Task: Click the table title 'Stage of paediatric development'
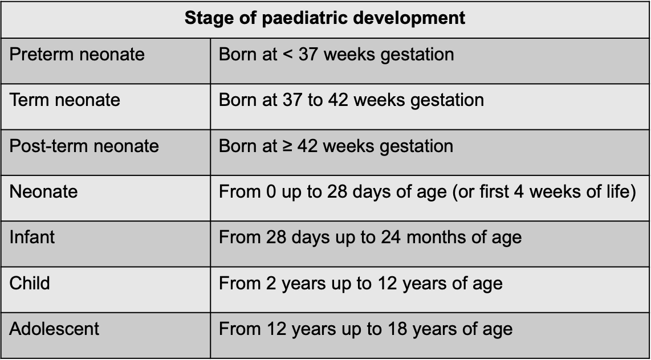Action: pos(325,18)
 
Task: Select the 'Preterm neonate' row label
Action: pos(77,55)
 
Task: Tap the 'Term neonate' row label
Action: pos(64,100)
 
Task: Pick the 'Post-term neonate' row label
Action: pos(84,146)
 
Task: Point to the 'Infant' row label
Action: pos(32,237)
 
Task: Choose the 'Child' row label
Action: pos(30,283)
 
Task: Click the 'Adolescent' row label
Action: pos(54,329)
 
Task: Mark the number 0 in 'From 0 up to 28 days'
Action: pos(271,191)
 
